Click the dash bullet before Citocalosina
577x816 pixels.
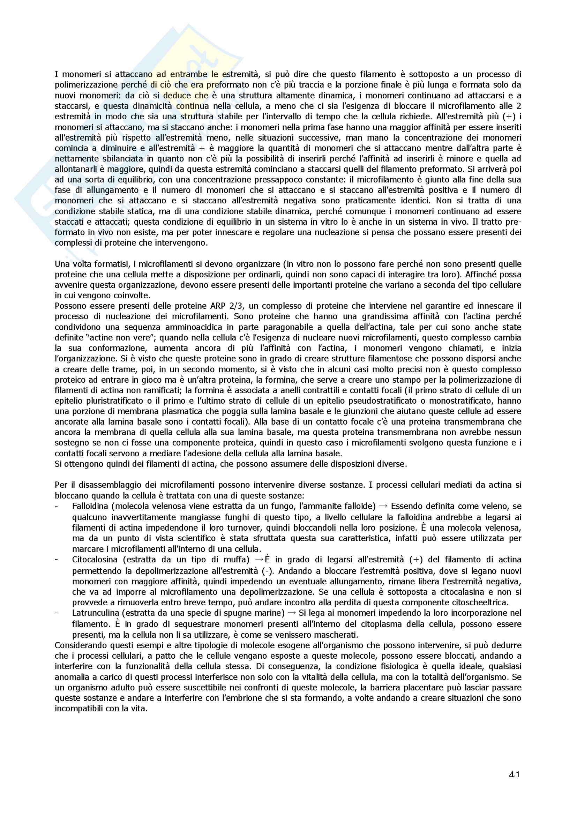(57, 559)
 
